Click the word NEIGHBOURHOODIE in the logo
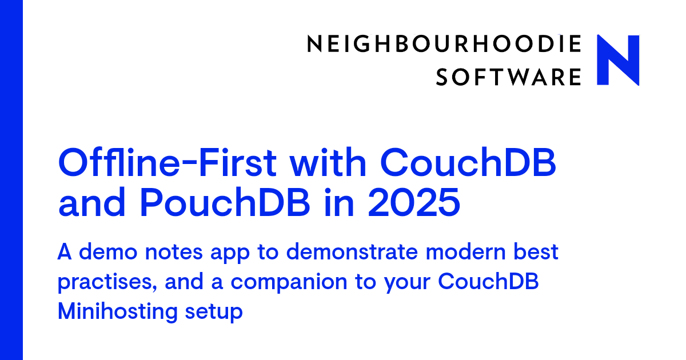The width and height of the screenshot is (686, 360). [444, 44]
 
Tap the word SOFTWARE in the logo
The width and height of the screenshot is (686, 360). [508, 77]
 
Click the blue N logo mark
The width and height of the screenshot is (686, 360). [618, 60]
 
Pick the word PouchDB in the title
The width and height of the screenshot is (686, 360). [225, 203]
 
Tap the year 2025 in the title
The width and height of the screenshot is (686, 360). [414, 203]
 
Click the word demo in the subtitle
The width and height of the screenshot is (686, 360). [108, 251]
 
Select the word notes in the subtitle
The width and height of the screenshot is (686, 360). [174, 253]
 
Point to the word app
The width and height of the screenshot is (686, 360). [230, 255]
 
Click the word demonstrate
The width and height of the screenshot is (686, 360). [352, 253]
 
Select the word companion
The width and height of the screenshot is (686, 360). [289, 283]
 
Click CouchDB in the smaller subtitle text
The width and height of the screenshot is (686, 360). [488, 281]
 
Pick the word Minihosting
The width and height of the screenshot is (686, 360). [118, 312]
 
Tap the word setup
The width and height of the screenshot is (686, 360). [214, 313]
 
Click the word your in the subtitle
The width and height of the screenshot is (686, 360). [407, 283]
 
